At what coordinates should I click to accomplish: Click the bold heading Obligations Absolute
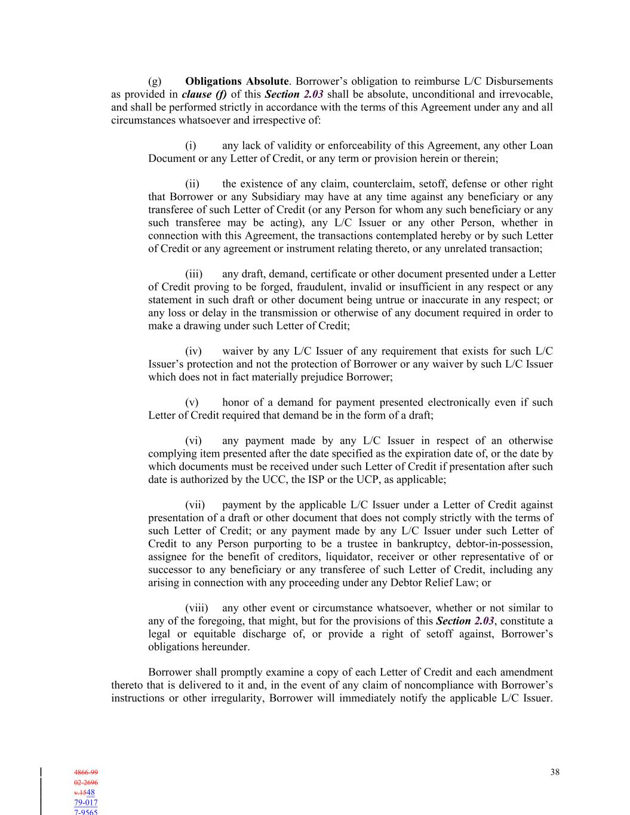tap(236, 81)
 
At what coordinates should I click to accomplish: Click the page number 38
tap(555, 772)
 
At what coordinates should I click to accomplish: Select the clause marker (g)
tap(155, 81)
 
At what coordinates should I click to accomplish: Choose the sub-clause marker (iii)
tap(193, 274)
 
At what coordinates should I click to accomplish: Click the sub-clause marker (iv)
tap(193, 351)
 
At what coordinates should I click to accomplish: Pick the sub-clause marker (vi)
tap(193, 441)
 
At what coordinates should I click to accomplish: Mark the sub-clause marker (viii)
tap(196, 608)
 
